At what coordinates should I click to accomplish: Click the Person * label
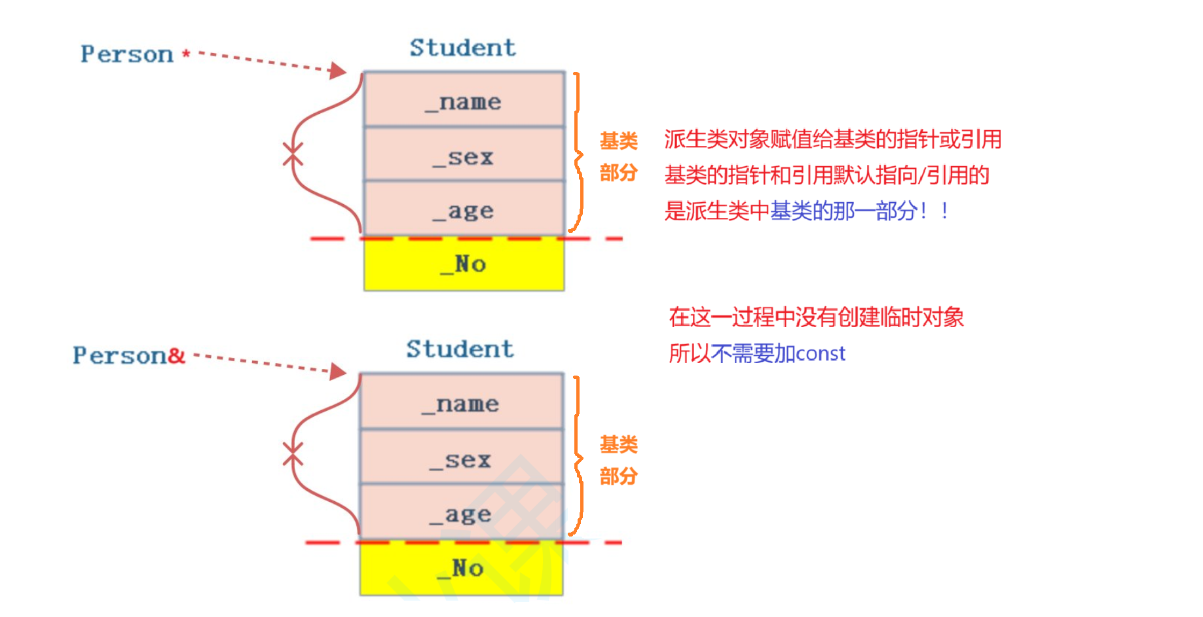tap(134, 54)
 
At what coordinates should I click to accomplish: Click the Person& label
tap(128, 355)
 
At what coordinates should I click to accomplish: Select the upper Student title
tap(462, 48)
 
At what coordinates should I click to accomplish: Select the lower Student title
tap(460, 349)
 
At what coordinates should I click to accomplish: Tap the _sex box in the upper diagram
tap(464, 155)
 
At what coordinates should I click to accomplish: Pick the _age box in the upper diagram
tap(464, 209)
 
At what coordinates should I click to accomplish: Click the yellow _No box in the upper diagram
tap(464, 264)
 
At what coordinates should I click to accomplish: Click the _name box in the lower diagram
tap(461, 402)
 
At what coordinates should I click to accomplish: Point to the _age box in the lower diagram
tap(461, 514)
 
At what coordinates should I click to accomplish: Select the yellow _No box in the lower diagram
tap(461, 569)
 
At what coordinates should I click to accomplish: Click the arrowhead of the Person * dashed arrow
tap(339, 70)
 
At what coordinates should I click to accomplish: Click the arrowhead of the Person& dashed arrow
tap(339, 372)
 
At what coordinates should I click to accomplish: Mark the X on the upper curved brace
tap(293, 154)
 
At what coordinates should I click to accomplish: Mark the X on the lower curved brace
tap(293, 454)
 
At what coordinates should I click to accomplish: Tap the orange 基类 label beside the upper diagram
tap(618, 141)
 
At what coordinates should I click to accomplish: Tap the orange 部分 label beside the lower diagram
tap(618, 476)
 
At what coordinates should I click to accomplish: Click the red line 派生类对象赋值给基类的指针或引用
tap(832, 139)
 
